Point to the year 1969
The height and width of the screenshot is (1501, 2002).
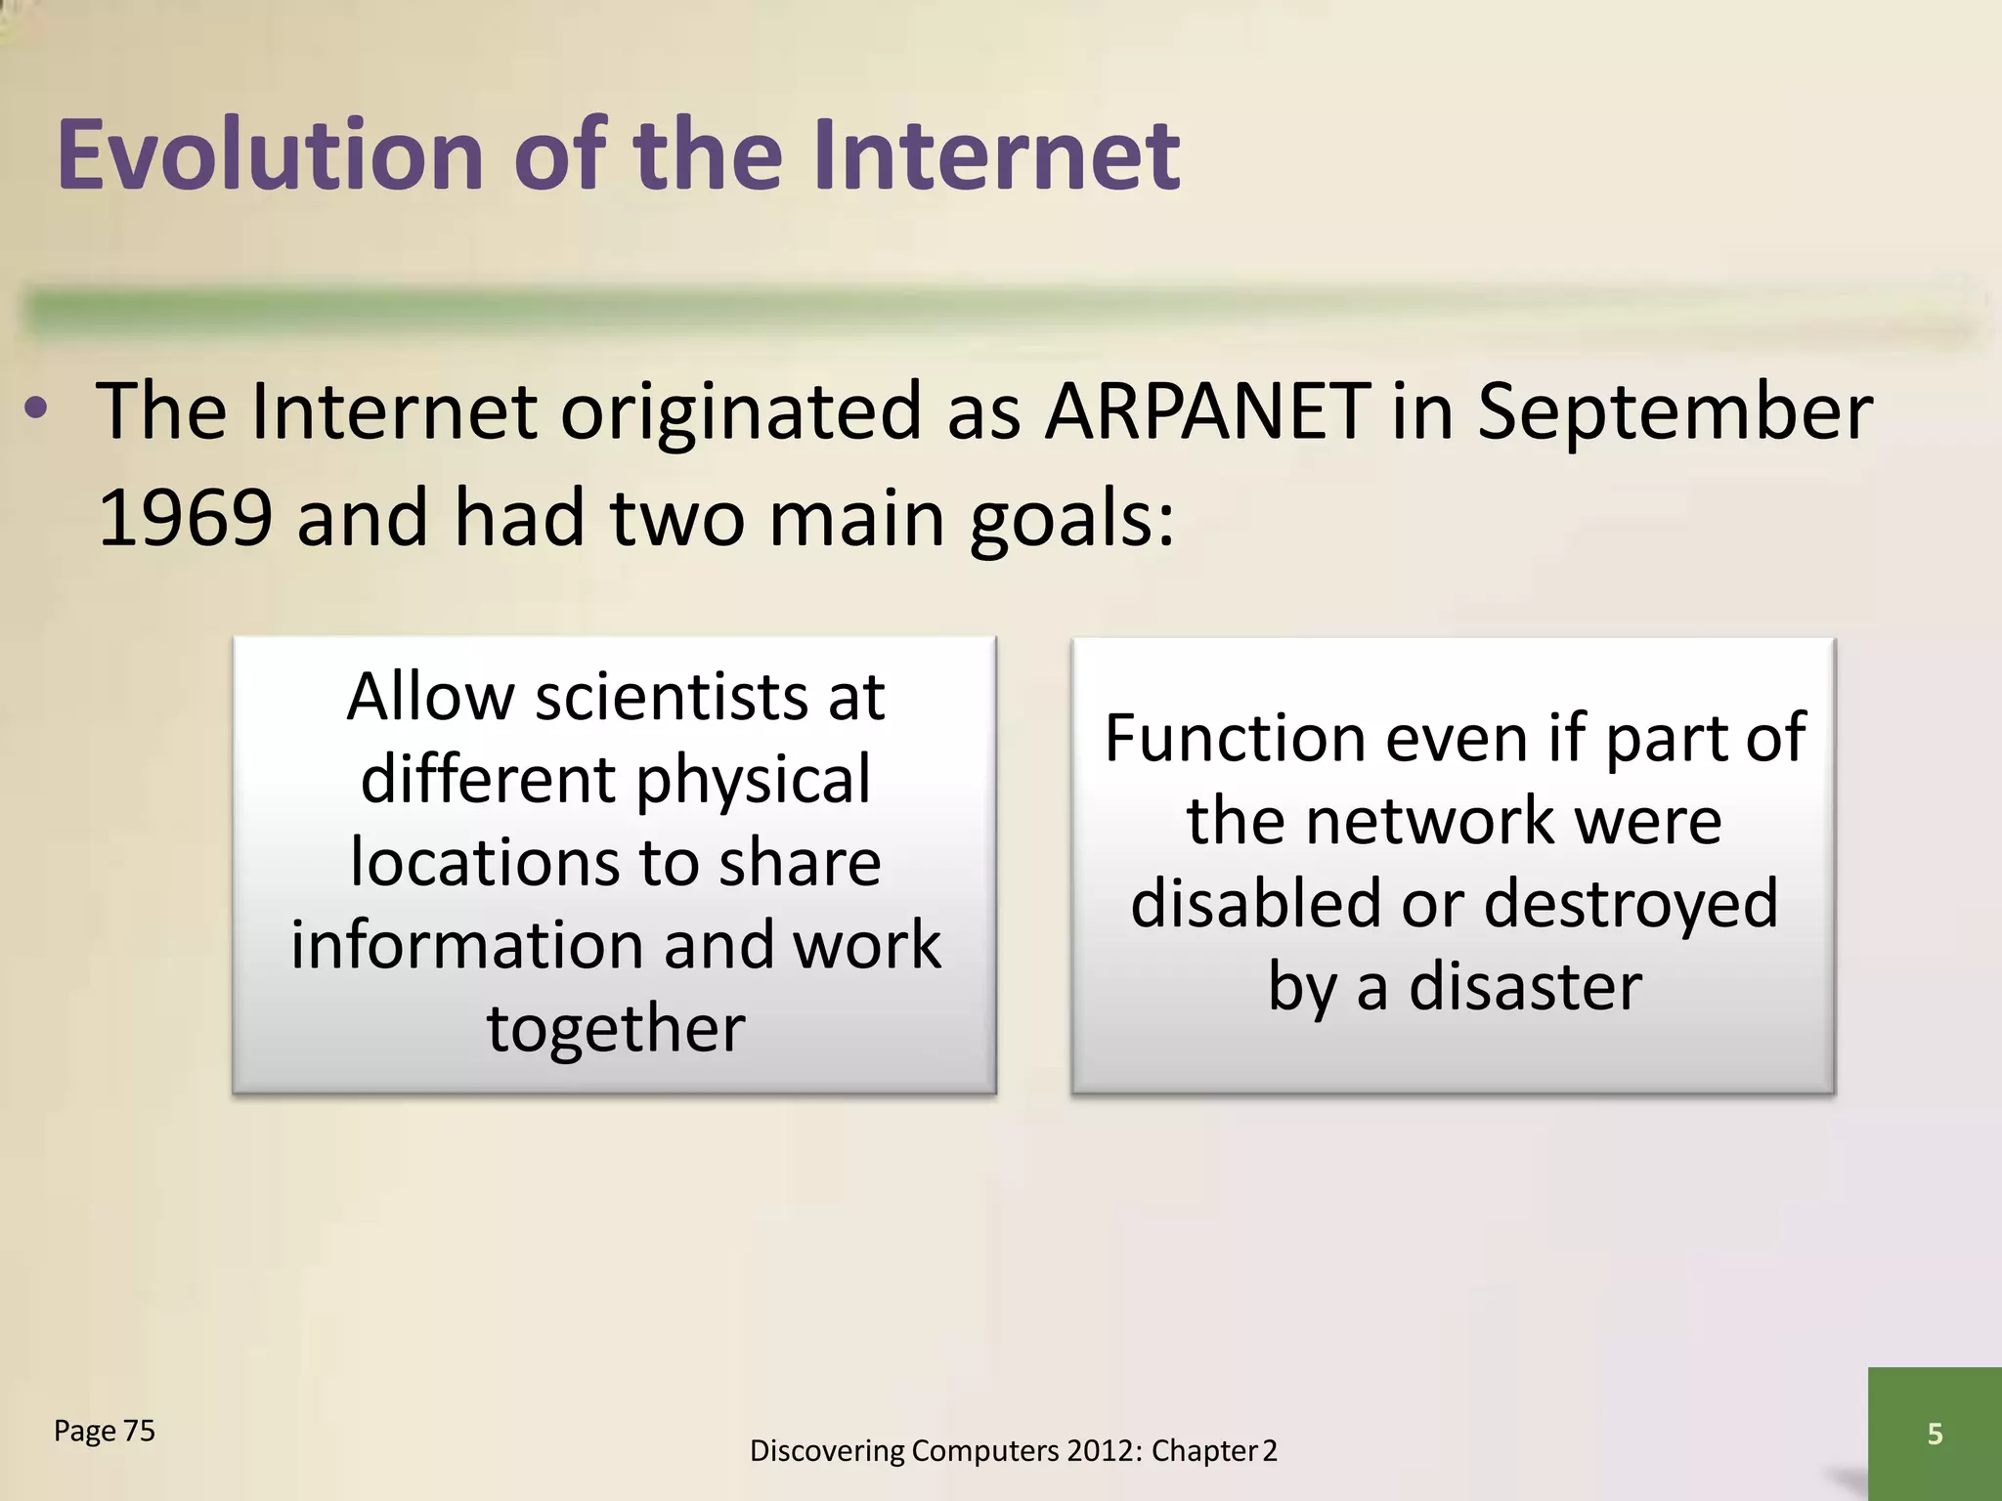(185, 518)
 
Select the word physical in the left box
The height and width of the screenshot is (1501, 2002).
(753, 781)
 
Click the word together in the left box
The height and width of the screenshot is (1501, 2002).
(616, 1029)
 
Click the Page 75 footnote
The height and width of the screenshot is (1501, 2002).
(105, 1431)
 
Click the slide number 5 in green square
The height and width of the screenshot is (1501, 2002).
(1934, 1434)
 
